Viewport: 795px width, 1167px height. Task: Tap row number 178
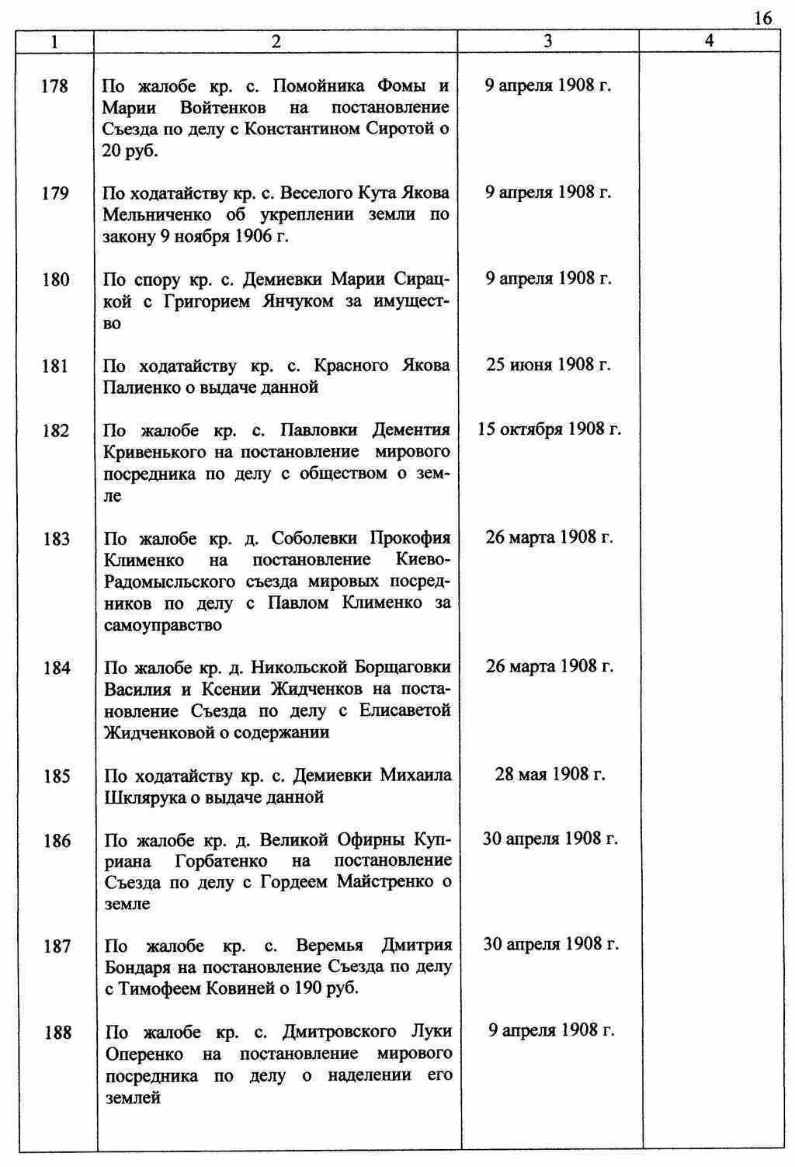[x=54, y=86]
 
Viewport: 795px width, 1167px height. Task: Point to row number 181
[x=54, y=366]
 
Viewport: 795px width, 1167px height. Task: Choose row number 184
[x=57, y=668]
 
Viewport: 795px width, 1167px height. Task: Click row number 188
[x=57, y=1033]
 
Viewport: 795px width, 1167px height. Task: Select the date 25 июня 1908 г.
[x=549, y=364]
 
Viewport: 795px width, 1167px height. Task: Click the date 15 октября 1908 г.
[x=549, y=429]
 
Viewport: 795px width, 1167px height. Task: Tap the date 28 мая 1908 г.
[x=550, y=774]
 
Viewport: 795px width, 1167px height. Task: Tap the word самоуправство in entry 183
[x=162, y=625]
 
